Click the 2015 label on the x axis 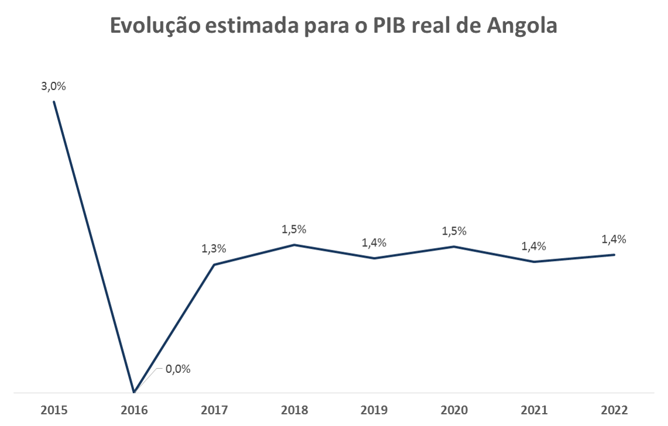click(x=54, y=410)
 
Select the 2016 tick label click(x=134, y=410)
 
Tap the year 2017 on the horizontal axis click(x=214, y=410)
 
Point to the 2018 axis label click(x=294, y=410)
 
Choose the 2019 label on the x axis click(x=374, y=410)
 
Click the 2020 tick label click(x=454, y=410)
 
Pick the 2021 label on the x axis click(x=534, y=410)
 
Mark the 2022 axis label click(x=614, y=410)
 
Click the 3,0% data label click(x=54, y=86)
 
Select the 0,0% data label click(x=179, y=369)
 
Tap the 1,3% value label click(x=214, y=248)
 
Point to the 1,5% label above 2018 click(x=294, y=228)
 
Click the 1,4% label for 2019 click(x=374, y=242)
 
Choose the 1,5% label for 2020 click(x=454, y=231)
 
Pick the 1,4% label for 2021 click(x=534, y=246)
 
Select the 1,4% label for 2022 click(x=614, y=239)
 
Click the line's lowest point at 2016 click(x=134, y=391)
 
